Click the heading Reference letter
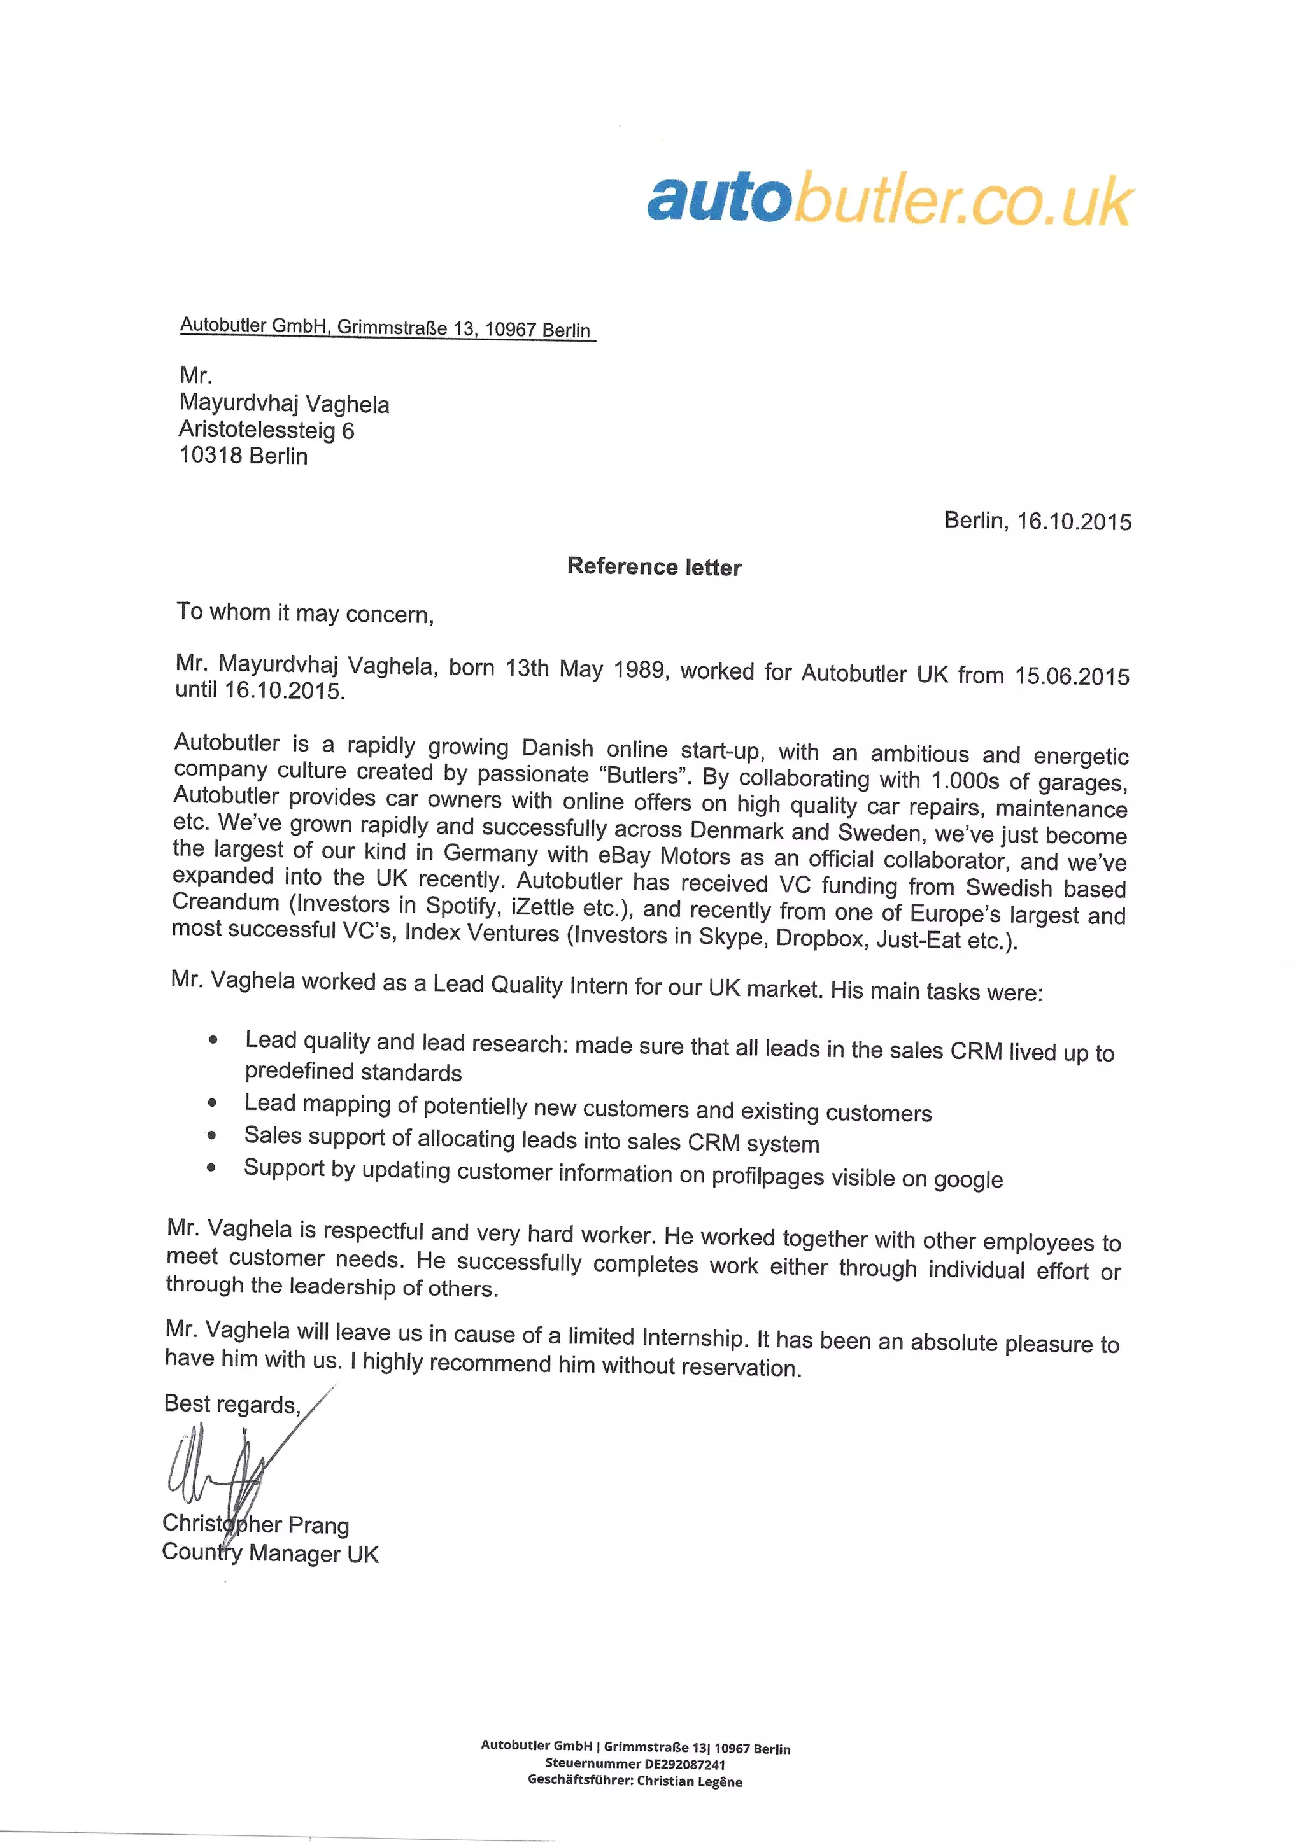pos(654,566)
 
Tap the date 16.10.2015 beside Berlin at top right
pos(1074,522)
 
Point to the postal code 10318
pos(210,455)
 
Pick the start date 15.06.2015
pos(1072,676)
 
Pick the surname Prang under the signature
pos(319,1525)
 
